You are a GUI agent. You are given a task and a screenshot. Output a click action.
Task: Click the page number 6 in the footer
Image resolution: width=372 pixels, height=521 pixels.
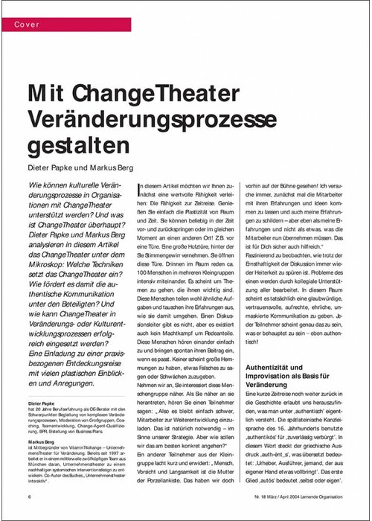[29, 496]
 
